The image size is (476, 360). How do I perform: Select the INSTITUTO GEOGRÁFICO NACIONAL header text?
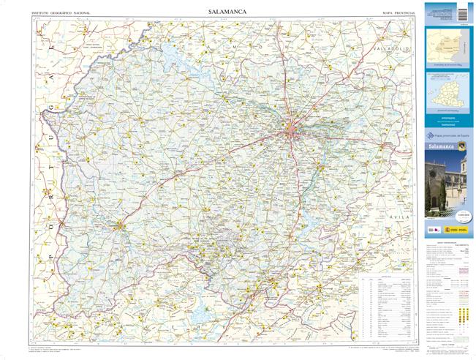[61, 13]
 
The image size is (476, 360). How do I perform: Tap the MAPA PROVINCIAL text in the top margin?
[399, 13]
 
